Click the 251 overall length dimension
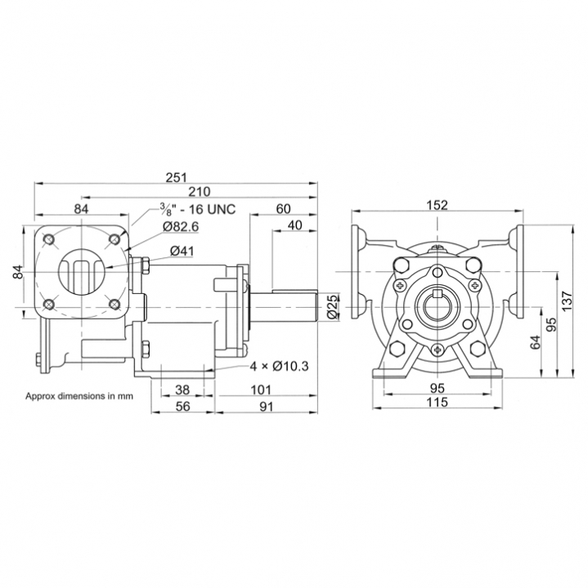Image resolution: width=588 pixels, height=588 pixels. tap(176, 177)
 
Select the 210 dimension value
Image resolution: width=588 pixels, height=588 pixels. tap(200, 192)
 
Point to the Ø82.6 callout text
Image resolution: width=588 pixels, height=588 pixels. tap(180, 227)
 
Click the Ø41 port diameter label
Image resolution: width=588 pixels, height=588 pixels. tap(182, 251)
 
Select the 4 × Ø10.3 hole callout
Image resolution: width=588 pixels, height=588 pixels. tap(280, 366)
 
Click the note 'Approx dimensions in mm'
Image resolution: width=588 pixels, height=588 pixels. tap(79, 395)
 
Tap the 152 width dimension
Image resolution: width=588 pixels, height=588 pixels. tap(438, 205)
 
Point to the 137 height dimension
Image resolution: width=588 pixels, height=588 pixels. tap(567, 300)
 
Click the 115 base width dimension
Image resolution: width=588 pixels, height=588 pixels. tap(438, 402)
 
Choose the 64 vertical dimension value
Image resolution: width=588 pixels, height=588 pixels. tap(536, 342)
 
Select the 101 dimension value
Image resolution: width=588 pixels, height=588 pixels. tap(261, 390)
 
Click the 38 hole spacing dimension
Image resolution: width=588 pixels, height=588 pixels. tap(182, 390)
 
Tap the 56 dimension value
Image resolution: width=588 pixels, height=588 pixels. tap(183, 406)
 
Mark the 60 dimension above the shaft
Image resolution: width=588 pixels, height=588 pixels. tap(283, 209)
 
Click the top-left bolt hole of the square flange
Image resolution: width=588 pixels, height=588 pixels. tap(48, 238)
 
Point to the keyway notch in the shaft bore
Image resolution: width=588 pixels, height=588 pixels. tap(437, 293)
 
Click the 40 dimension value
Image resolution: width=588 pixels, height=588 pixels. tap(294, 225)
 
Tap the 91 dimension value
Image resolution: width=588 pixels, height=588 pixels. tap(267, 406)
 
